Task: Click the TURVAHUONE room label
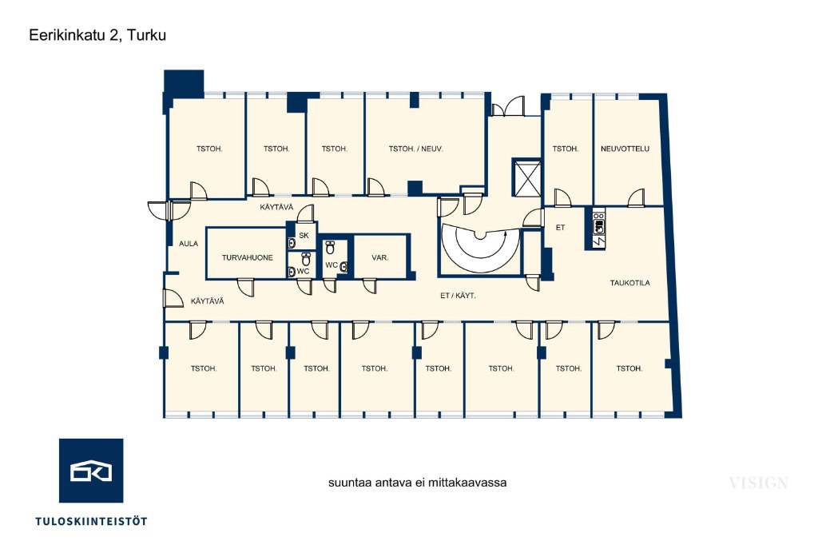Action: click(248, 257)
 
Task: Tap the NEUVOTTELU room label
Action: click(625, 149)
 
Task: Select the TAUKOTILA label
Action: click(630, 283)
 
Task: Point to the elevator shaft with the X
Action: click(527, 178)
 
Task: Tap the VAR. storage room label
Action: click(379, 258)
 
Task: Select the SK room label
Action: click(304, 236)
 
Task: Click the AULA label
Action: click(189, 244)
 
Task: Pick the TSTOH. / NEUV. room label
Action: click(415, 149)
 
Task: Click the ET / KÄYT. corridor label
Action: click(458, 296)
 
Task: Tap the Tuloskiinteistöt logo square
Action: click(91, 471)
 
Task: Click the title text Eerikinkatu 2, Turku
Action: click(97, 35)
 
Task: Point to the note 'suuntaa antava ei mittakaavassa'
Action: click(417, 483)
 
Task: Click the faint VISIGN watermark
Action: click(759, 483)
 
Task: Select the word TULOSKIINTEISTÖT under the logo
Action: click(91, 521)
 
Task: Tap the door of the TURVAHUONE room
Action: click(246, 287)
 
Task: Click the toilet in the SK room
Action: click(292, 243)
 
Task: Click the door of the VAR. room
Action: click(369, 286)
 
